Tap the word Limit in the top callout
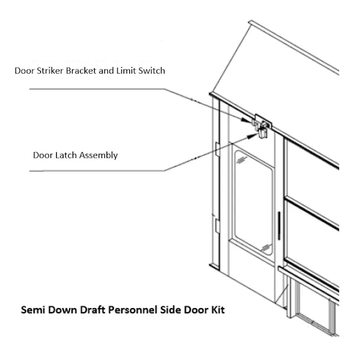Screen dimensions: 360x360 [123, 70]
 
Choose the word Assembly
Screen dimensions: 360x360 [99, 155]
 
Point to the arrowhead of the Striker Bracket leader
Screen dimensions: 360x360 [249, 121]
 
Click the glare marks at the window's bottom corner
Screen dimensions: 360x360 [266, 248]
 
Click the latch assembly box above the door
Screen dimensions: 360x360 [263, 133]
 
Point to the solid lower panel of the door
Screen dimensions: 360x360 [252, 278]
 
